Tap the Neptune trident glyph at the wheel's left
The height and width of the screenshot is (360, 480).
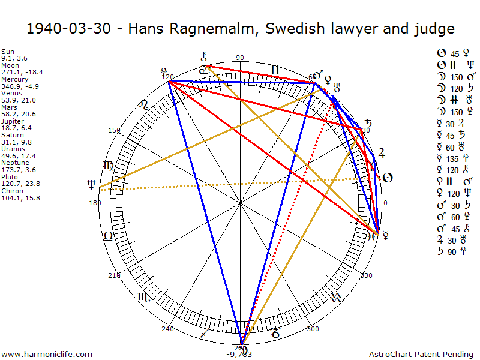[x=91, y=184]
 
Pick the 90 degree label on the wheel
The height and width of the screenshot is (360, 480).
[x=240, y=58]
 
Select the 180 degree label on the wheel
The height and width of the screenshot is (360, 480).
[x=94, y=203]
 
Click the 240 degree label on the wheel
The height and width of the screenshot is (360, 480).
[x=167, y=329]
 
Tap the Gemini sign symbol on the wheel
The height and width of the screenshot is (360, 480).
[x=275, y=71]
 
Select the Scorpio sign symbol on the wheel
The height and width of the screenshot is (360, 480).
[x=144, y=296]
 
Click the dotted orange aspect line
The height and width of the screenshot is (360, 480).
[x=240, y=184]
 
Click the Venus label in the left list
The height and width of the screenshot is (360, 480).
[x=10, y=93]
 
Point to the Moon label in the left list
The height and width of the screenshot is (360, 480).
[x=9, y=65]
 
